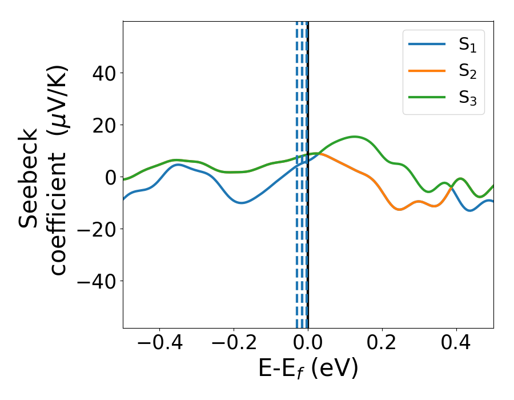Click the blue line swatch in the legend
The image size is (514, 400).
(427, 45)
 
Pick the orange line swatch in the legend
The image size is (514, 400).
(427, 71)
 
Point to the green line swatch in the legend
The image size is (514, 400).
(427, 97)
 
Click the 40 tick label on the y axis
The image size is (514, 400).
(103, 73)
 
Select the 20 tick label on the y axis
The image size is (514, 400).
(103, 125)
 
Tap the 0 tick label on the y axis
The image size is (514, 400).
(110, 177)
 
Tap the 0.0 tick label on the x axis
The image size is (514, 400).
(308, 344)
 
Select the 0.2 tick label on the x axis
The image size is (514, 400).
(382, 344)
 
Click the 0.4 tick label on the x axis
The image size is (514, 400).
(456, 344)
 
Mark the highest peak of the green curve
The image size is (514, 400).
(355, 137)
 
